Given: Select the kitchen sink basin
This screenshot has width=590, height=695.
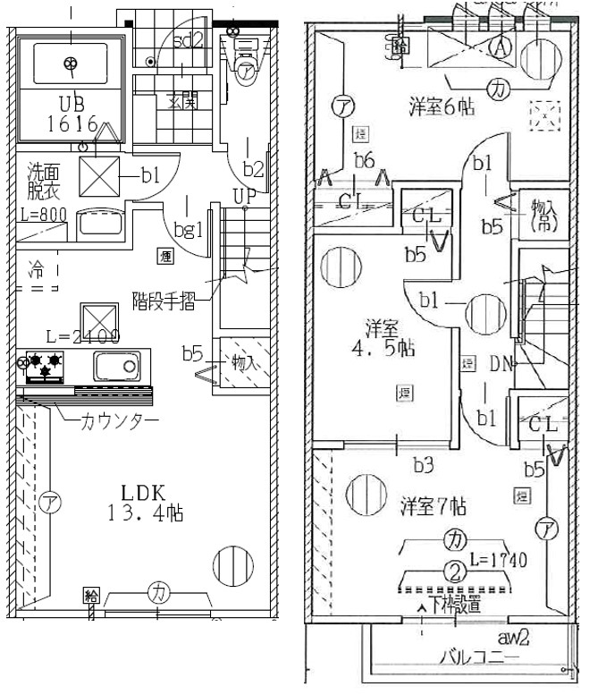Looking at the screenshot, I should pos(117,366).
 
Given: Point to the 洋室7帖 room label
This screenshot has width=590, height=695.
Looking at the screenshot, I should pos(433,504).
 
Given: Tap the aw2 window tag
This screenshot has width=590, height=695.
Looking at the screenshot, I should pos(513,637).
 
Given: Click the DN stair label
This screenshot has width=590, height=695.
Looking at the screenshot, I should pos(501,363).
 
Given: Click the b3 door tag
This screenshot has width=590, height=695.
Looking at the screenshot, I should pos(423,466).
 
